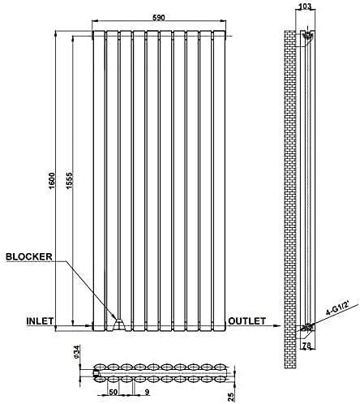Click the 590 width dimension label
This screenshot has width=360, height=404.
[159, 17]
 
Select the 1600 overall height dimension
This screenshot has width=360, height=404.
[52, 180]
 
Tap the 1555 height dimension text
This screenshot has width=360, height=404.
[69, 180]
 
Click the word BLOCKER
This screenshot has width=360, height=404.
[29, 256]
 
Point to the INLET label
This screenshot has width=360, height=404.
[40, 321]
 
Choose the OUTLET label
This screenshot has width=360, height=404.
[247, 321]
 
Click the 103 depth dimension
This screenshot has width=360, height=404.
[306, 6]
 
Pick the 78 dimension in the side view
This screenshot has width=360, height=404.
[306, 345]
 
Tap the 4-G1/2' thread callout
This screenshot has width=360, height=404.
[338, 309]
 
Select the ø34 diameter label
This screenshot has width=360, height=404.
[76, 352]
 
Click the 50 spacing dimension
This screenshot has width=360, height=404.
[113, 392]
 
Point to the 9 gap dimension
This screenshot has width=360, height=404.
[148, 392]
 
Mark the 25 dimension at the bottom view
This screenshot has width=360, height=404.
[231, 397]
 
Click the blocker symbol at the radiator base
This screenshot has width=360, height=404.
[119, 324]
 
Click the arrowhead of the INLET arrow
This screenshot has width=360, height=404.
[89, 326]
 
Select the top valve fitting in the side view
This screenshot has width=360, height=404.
[307, 36]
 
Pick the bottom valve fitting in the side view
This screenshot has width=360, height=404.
[307, 327]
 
